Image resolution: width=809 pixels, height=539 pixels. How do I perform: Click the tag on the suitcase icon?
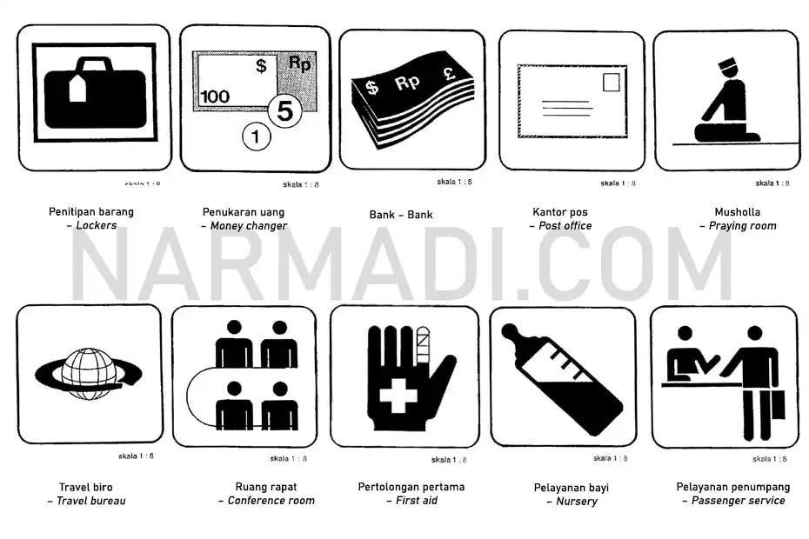(x=78, y=87)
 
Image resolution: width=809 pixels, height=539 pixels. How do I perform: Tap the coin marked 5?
(x=284, y=111)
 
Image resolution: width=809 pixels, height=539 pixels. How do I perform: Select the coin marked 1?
(x=256, y=136)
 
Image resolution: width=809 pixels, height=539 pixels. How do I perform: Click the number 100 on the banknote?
(x=215, y=96)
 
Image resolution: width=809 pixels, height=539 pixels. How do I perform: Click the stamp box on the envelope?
(x=612, y=83)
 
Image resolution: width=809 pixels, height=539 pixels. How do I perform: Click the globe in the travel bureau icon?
(x=88, y=374)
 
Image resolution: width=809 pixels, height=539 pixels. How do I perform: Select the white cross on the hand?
(x=398, y=398)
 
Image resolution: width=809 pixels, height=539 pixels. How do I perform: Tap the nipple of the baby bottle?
(x=512, y=333)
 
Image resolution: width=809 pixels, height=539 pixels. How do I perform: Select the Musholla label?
(x=737, y=211)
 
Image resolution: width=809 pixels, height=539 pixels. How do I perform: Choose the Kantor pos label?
(x=559, y=211)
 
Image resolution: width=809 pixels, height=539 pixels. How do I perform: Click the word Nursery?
(x=577, y=502)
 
